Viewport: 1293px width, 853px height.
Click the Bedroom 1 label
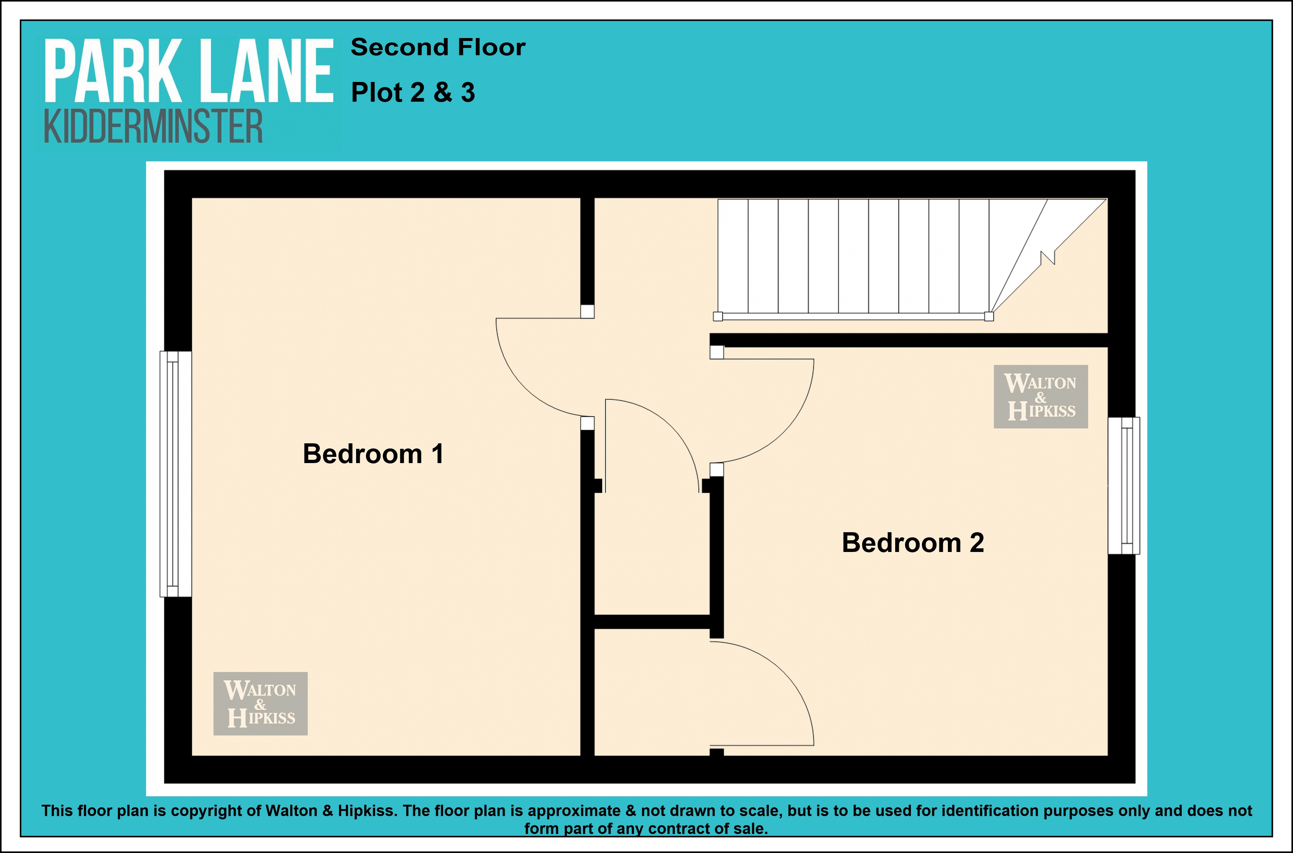click(x=373, y=454)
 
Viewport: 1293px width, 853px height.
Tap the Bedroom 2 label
click(x=913, y=542)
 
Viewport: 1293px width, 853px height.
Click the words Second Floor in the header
click(x=438, y=47)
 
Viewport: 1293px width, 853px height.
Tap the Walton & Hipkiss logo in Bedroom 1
click(x=260, y=703)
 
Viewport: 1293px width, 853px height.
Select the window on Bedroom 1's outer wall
click(x=175, y=474)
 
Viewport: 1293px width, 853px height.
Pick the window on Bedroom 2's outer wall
click(x=1124, y=486)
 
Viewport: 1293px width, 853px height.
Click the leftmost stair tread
click(x=733, y=256)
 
